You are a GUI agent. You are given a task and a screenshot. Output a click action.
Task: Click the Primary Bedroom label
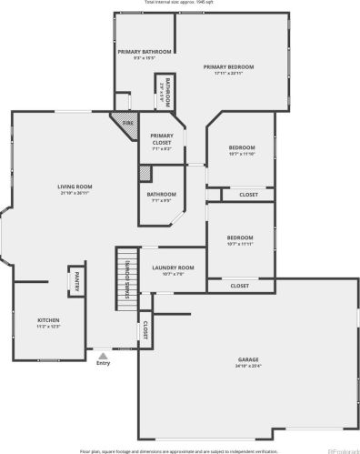(228, 66)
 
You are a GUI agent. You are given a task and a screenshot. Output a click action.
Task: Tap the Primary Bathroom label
(144, 52)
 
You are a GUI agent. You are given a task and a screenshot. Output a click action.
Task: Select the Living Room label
(75, 187)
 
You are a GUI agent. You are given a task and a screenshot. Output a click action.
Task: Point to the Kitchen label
(47, 320)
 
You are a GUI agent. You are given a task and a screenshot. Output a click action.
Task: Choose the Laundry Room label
(173, 267)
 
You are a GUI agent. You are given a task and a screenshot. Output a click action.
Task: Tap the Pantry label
(77, 281)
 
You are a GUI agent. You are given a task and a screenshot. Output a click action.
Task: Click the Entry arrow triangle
(103, 355)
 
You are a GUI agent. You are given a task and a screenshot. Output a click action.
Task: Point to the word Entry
(103, 363)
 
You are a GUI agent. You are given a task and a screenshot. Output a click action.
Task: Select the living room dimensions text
(75, 193)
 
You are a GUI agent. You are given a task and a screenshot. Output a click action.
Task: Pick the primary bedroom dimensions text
(228, 73)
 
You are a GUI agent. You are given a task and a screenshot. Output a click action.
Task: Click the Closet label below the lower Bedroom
(240, 286)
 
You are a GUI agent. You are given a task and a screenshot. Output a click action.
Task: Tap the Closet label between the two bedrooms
(248, 195)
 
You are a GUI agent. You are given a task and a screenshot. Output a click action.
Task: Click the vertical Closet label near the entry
(145, 328)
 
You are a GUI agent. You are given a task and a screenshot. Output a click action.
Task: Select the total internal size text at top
(179, 3)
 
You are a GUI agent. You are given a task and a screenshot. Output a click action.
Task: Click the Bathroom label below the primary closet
(162, 194)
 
